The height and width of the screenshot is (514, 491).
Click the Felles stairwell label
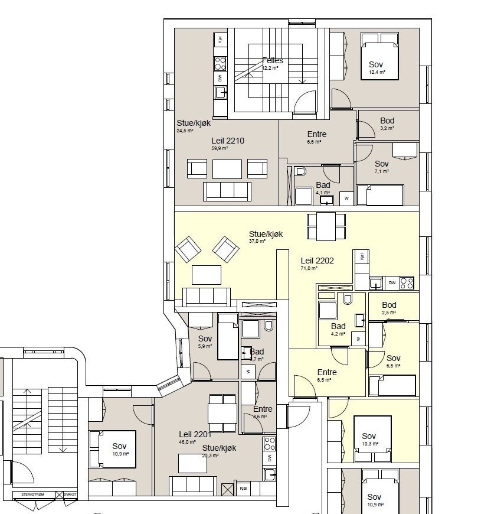pyautogui.click(x=273, y=60)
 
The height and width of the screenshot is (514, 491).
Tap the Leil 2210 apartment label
pyautogui.click(x=228, y=141)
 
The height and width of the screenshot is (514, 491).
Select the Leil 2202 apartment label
pyautogui.click(x=317, y=260)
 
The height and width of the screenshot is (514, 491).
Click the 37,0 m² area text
pyautogui.click(x=257, y=241)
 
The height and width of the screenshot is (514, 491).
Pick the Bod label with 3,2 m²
pyautogui.click(x=387, y=121)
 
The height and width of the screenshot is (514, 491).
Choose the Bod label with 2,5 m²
pyautogui.click(x=389, y=305)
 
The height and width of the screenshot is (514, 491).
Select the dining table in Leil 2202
pyautogui.click(x=326, y=227)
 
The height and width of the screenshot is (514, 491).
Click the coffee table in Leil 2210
pyautogui.click(x=227, y=169)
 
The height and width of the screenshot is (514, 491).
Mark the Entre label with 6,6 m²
pyautogui.click(x=317, y=134)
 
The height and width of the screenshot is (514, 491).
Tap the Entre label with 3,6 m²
pyautogui.click(x=263, y=409)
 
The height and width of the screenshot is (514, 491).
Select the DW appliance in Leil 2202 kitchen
pyautogui.click(x=392, y=283)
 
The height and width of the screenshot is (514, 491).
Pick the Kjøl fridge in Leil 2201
pyautogui.click(x=243, y=489)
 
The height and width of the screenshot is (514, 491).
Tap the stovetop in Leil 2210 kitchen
pyautogui.click(x=220, y=62)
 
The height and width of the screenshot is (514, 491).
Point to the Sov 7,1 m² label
pyautogui.click(x=382, y=164)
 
